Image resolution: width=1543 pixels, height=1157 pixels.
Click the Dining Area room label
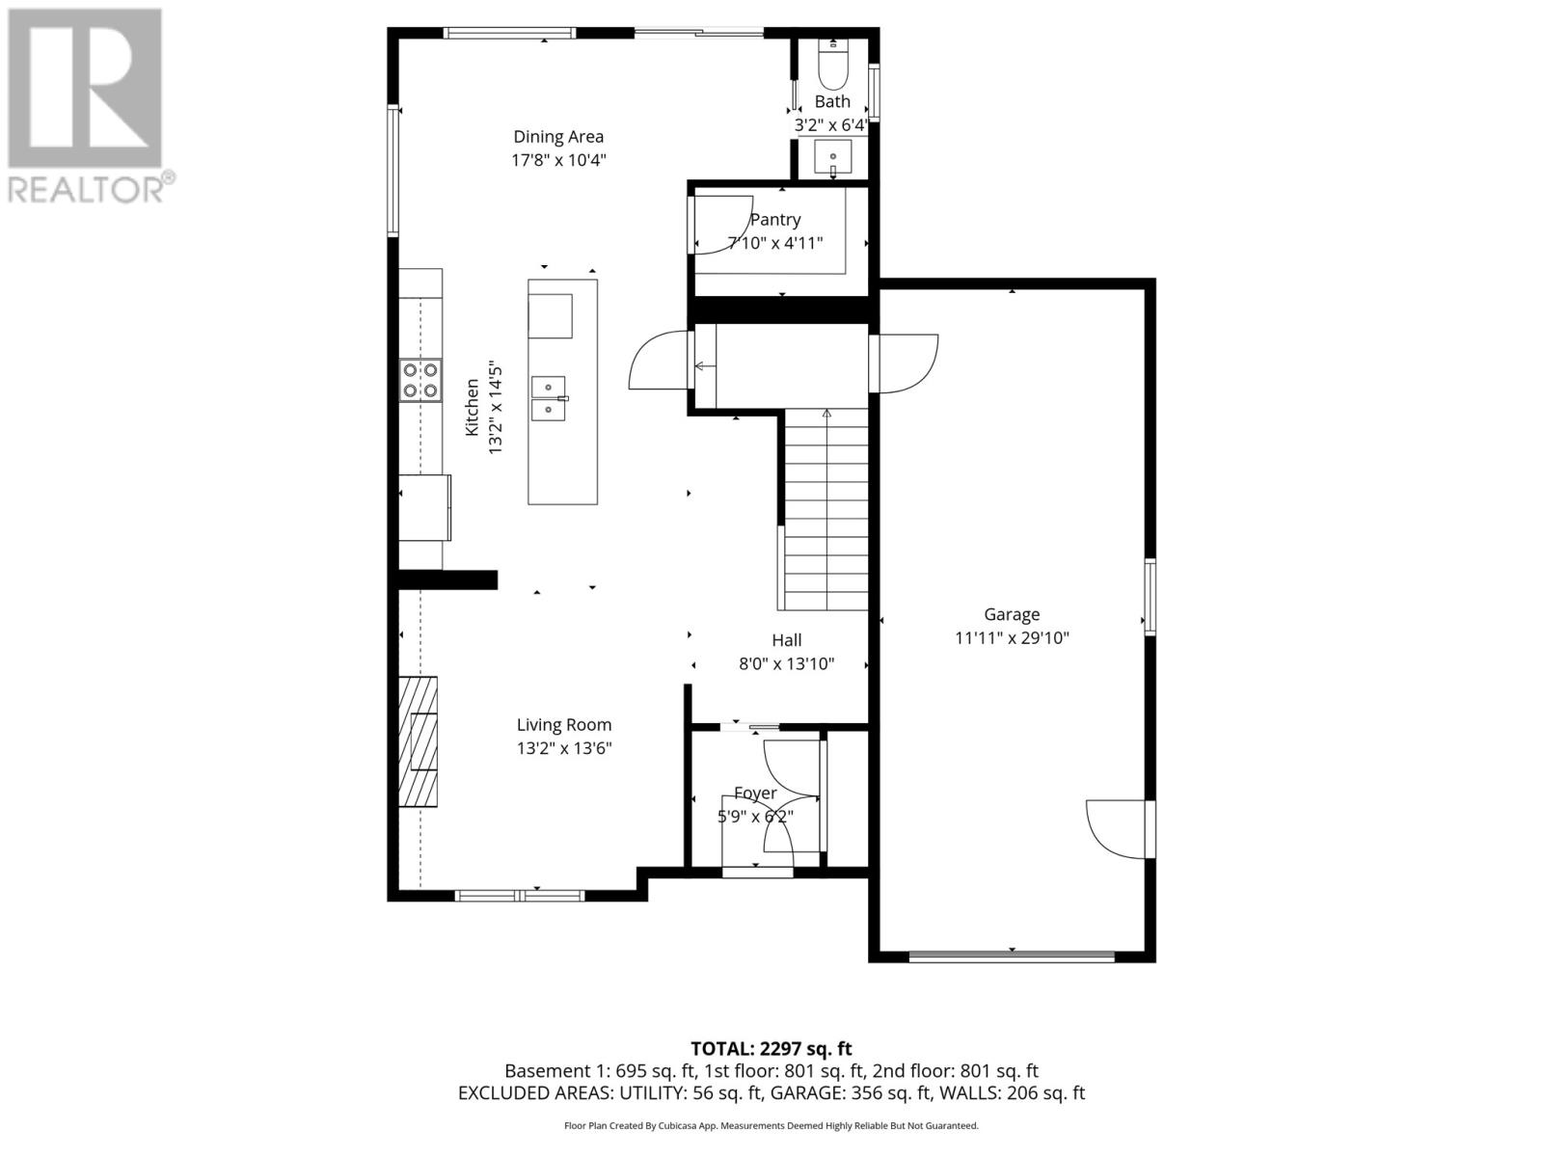[558, 137]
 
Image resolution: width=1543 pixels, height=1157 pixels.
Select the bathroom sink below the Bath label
[832, 155]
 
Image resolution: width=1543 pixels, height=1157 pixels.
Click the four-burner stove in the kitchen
[420, 379]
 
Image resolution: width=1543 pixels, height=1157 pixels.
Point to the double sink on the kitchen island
[550, 398]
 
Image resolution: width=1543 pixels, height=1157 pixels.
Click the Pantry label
[775, 220]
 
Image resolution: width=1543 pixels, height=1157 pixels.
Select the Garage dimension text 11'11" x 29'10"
[1012, 637]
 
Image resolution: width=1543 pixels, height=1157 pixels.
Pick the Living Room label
[564, 725]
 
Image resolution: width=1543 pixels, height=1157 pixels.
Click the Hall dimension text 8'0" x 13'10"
[786, 663]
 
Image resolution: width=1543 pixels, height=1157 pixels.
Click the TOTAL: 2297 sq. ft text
[771, 1048]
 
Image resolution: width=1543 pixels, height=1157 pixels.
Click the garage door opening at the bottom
[1012, 956]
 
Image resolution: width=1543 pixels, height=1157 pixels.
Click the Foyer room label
[755, 794]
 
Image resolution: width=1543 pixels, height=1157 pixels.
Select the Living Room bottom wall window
[520, 896]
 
